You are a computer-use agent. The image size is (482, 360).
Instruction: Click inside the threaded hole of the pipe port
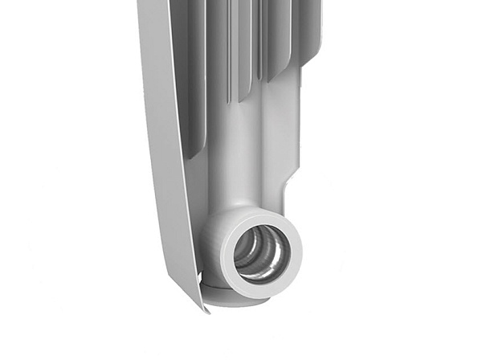pos(259,253)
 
